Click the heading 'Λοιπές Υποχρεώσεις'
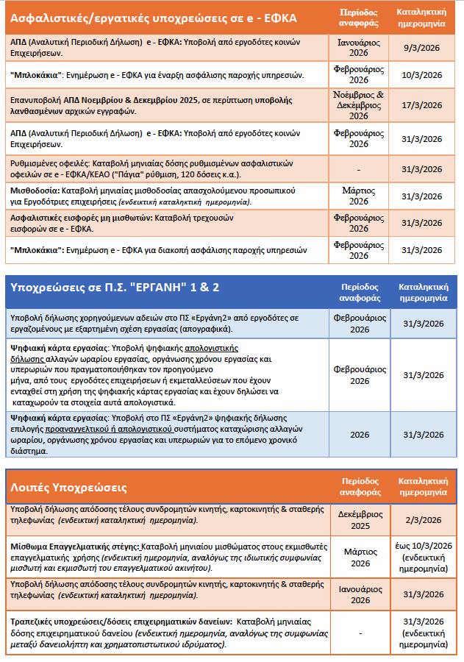70,488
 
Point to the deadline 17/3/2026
421,105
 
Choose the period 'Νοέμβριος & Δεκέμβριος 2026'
359,105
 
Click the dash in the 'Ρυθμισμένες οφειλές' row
359,168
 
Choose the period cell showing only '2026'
359,435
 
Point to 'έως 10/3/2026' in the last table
421,545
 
